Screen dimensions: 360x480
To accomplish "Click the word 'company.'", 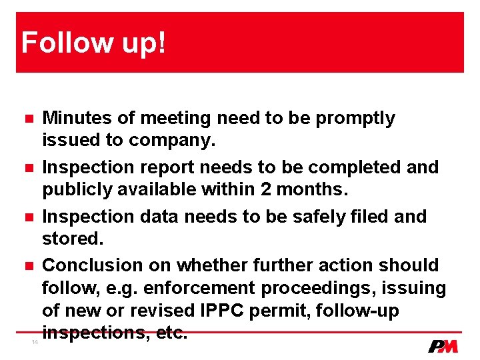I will point(179,141).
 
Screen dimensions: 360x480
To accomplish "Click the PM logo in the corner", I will point(443,346).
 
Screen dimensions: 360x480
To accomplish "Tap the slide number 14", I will point(35,343).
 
